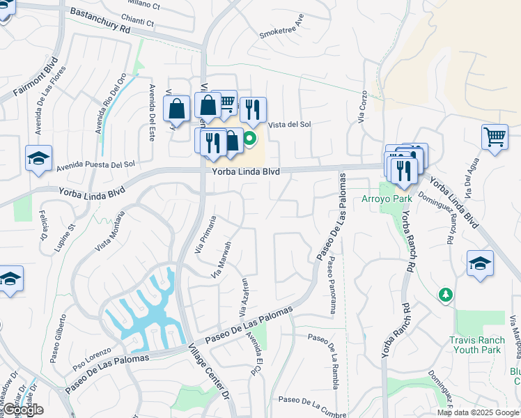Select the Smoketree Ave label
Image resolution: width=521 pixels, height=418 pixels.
[281, 29]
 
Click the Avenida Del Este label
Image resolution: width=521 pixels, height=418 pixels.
[151, 113]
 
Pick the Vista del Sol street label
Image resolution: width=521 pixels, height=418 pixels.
[289, 124]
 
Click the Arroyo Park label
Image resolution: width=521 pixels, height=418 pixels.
[387, 199]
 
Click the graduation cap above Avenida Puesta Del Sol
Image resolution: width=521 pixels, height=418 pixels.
[38, 158]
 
